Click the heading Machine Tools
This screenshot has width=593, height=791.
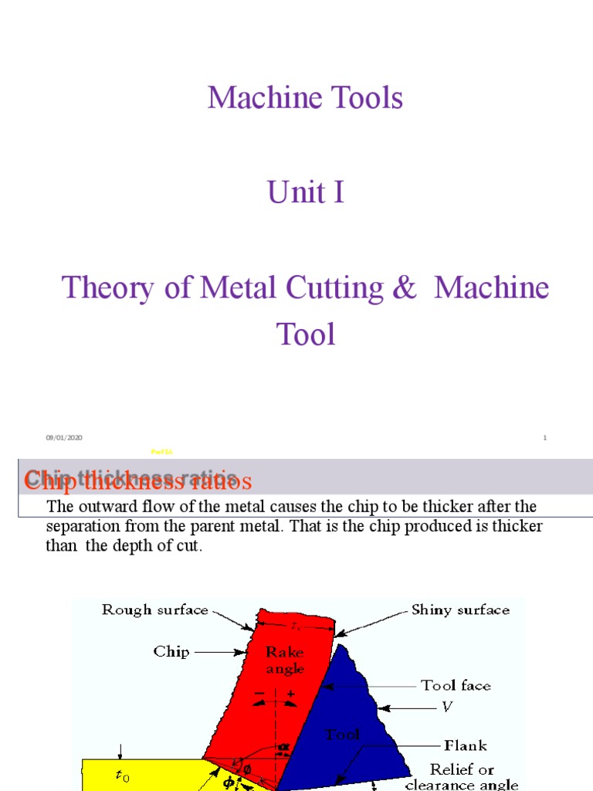click(x=305, y=98)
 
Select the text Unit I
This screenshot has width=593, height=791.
click(x=305, y=192)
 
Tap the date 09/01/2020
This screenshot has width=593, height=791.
click(x=64, y=438)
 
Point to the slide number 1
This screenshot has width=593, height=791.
click(x=544, y=438)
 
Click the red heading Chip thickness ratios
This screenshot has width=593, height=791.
click(x=138, y=480)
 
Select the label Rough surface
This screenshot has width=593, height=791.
click(x=154, y=610)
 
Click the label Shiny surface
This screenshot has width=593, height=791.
click(x=460, y=610)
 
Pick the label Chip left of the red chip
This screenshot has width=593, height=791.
click(x=171, y=651)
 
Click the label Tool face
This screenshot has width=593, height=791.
click(x=455, y=685)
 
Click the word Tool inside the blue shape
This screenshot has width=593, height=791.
click(x=343, y=735)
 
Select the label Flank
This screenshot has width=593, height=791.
click(x=465, y=745)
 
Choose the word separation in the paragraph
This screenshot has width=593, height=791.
click(x=81, y=526)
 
